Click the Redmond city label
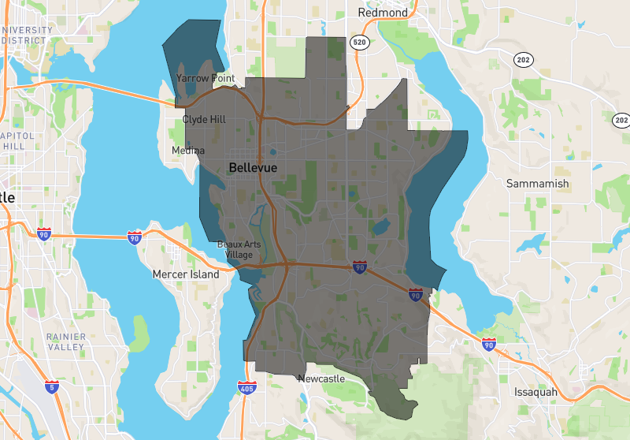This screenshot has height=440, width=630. pyautogui.click(x=383, y=13)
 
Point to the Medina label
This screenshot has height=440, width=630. pyautogui.click(x=188, y=151)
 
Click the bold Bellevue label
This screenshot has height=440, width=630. pyautogui.click(x=253, y=168)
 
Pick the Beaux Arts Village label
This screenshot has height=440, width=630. pyautogui.click(x=239, y=249)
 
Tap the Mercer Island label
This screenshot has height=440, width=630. pyautogui.click(x=186, y=274)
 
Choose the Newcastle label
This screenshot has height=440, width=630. pyautogui.click(x=321, y=379)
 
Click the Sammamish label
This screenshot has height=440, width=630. pyautogui.click(x=538, y=184)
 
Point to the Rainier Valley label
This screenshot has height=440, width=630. pyautogui.click(x=65, y=341)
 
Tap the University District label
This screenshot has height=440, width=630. pyautogui.click(x=27, y=35)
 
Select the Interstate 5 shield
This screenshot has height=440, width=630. pyautogui.click(x=51, y=386)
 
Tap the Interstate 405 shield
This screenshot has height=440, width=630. pyautogui.click(x=246, y=386)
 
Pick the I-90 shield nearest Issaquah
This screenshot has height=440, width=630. pyautogui.click(x=489, y=344)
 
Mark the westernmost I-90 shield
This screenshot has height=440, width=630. pyautogui.click(x=44, y=233)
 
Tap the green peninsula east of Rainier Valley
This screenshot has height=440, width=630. pyautogui.click(x=139, y=332)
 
